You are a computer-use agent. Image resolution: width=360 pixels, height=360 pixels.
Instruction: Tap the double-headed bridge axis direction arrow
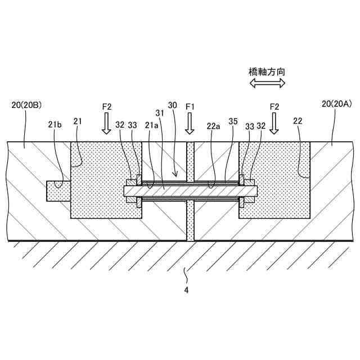[267, 83]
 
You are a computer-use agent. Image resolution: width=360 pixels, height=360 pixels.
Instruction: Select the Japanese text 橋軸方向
[267, 71]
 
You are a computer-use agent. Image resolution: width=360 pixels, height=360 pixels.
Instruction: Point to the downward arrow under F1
[190, 124]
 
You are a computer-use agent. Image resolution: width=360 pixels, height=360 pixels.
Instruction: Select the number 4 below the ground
[186, 290]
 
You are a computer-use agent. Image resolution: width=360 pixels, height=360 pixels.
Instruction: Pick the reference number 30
[172, 105]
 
